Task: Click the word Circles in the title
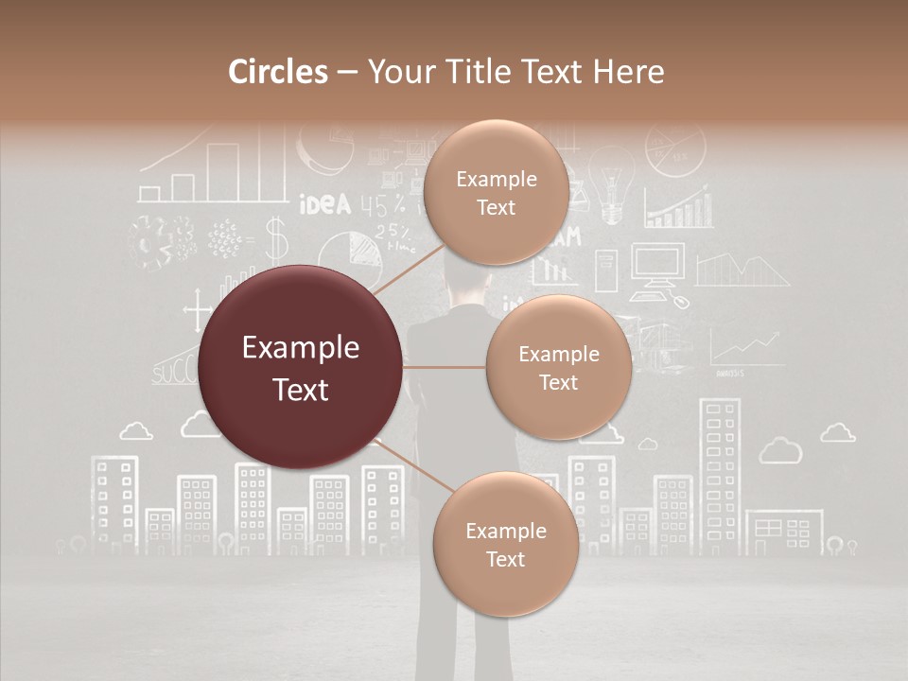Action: click(x=278, y=72)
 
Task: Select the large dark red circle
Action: click(x=301, y=368)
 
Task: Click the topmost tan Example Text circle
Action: click(x=496, y=192)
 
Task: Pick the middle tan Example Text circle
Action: click(x=558, y=367)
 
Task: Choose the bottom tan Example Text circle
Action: click(x=505, y=544)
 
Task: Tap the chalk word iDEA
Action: click(x=324, y=204)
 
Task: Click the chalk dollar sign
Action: click(x=275, y=238)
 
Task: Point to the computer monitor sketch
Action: click(x=657, y=264)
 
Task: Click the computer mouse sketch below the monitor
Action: click(x=680, y=302)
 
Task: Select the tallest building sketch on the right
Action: click(x=718, y=473)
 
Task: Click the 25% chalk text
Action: click(x=392, y=232)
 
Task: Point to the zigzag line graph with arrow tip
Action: click(x=746, y=349)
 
